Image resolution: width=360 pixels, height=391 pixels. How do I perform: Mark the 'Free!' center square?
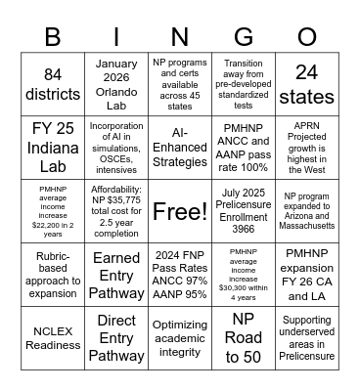click(x=180, y=210)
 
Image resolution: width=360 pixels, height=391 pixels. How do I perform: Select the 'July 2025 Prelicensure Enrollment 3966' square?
click(x=244, y=210)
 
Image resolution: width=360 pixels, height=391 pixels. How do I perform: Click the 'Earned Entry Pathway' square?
click(x=116, y=274)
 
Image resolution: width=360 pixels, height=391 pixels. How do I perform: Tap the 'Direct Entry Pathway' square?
click(x=116, y=337)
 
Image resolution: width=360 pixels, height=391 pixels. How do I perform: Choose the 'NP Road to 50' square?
click(x=244, y=337)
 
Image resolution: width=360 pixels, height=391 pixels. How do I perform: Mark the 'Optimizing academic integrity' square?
click(x=180, y=337)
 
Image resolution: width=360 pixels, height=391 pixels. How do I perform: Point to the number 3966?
click(x=244, y=231)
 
